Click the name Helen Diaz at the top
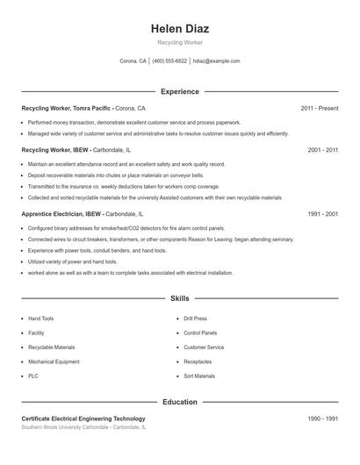(180, 29)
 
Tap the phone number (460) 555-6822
(169, 61)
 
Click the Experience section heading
(180, 91)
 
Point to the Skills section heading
(180, 298)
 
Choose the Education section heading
(180, 402)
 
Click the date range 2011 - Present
(320, 108)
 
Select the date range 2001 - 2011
(323, 150)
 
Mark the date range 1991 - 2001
(323, 213)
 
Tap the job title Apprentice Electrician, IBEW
(62, 213)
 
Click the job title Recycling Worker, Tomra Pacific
(66, 108)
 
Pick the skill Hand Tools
(41, 318)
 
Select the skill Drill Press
(195, 318)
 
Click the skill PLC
(33, 376)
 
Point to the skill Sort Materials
(199, 376)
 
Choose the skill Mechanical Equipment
(54, 361)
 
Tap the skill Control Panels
(200, 333)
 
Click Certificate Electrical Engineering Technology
(83, 418)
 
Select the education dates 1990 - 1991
(323, 418)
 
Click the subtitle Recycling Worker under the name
(180, 43)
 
